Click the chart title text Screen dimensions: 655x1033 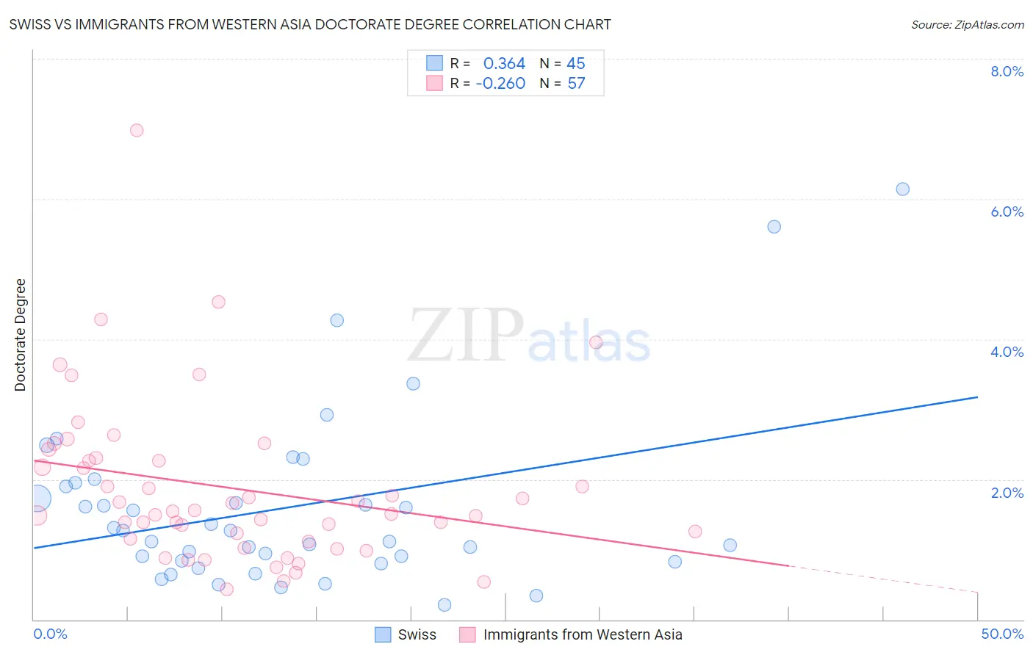point(310,24)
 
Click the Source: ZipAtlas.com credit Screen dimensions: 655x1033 point(967,24)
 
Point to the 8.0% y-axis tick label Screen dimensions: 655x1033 point(1007,71)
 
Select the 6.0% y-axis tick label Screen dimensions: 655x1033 point(1007,211)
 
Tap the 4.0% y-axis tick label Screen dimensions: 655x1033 point(1007,352)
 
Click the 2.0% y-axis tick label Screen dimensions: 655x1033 point(1007,493)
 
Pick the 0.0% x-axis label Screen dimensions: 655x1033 point(50,634)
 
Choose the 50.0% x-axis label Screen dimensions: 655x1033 point(1002,634)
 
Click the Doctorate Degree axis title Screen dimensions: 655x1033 point(21,335)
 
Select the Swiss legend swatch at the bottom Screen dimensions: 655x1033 point(383,634)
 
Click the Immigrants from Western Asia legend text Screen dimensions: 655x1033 point(583,634)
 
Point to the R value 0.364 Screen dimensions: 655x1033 point(504,64)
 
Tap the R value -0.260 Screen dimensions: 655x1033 point(500,84)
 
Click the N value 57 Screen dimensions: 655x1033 point(576,84)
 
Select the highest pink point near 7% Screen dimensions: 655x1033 point(137,131)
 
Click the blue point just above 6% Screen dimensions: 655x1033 point(902,189)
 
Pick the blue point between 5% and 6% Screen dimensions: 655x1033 point(774,227)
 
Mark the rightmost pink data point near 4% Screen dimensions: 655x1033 point(596,342)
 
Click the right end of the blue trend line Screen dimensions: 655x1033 point(977,397)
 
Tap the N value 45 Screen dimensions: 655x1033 point(576,64)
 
